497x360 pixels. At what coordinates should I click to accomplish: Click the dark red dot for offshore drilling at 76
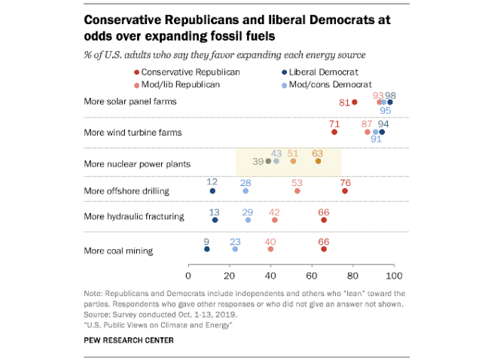345,191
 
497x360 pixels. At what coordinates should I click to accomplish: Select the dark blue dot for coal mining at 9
206,248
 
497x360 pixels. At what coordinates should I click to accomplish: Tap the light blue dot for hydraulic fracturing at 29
248,220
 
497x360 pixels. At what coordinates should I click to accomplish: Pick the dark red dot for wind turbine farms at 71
334,132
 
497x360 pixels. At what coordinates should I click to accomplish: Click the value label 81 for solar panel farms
344,102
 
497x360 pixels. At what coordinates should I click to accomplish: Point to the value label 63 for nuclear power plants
318,152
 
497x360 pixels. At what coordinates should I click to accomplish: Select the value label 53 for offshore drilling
297,182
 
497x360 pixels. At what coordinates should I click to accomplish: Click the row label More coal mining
119,250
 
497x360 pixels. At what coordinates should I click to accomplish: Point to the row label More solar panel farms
130,102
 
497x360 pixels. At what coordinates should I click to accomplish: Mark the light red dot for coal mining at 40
270,248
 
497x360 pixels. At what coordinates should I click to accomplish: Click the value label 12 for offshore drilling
212,182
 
